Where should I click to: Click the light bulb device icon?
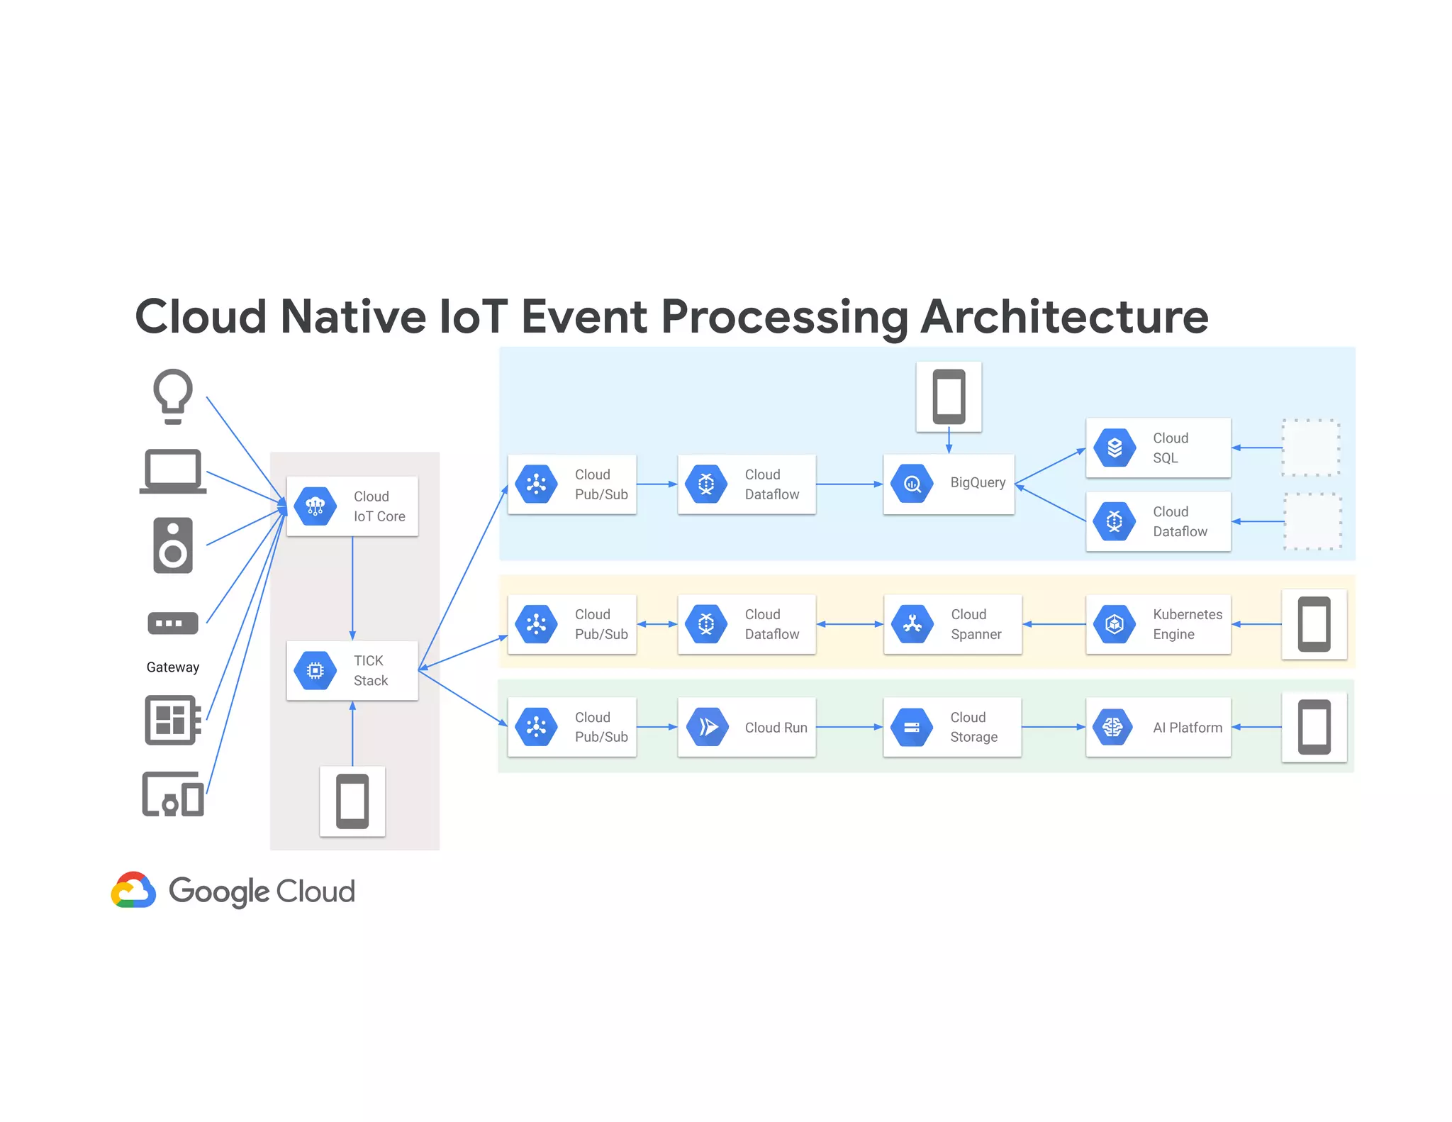coord(172,395)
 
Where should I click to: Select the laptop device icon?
coord(172,471)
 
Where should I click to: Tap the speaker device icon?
coord(172,545)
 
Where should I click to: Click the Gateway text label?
coord(172,667)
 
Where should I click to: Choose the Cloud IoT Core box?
coord(352,506)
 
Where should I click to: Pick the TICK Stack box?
coord(352,670)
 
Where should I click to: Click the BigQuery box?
coord(949,484)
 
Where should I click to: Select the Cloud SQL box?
coord(1158,448)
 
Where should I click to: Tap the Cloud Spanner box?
coord(952,624)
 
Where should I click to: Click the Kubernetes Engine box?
coord(1158,624)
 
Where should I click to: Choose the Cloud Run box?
coord(746,727)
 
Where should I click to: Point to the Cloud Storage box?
coord(952,727)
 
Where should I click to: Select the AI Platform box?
coord(1158,727)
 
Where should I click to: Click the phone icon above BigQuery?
coord(949,396)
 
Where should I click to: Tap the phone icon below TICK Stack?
coord(352,801)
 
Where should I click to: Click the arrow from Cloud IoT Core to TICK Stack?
coord(352,589)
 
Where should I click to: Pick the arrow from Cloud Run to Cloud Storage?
coord(849,727)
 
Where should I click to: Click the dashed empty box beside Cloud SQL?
coord(1310,448)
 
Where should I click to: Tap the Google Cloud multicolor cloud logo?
coord(133,890)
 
